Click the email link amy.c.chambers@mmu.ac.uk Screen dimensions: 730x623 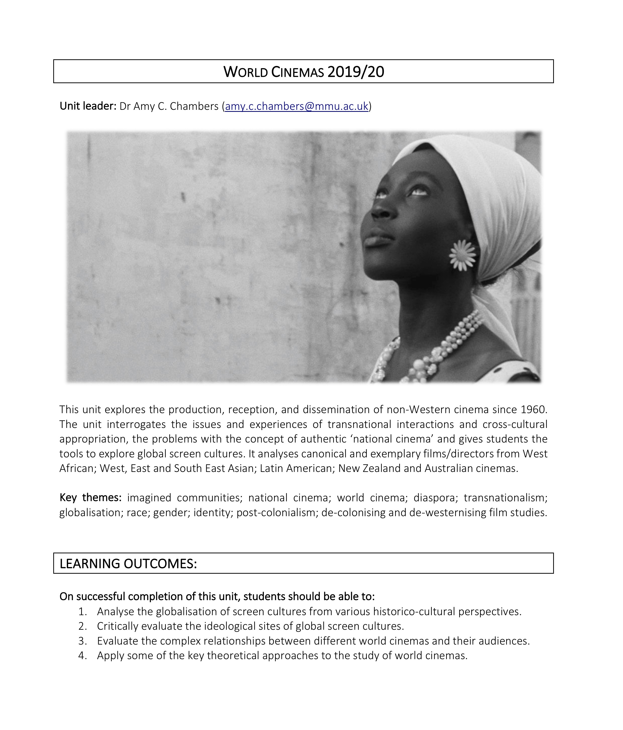click(296, 106)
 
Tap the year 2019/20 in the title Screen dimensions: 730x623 click(355, 72)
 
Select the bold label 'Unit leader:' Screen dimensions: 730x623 click(88, 106)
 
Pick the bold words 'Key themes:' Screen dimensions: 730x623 click(90, 498)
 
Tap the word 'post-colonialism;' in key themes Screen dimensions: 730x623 click(277, 512)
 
